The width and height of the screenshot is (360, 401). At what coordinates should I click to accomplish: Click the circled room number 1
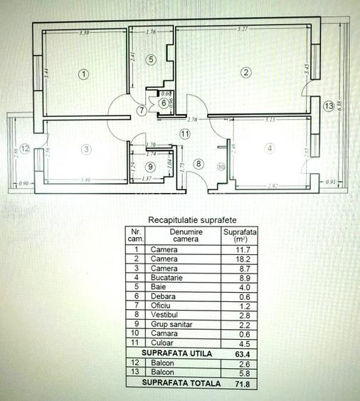point(83,73)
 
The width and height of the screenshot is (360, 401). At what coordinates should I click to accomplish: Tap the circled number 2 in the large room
point(245,72)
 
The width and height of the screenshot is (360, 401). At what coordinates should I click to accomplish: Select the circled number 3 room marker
point(85,150)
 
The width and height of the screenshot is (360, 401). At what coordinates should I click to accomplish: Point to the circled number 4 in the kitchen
point(269,148)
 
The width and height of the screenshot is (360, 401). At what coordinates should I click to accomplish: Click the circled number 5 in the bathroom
point(151,59)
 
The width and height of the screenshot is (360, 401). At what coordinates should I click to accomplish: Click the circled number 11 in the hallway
point(185,133)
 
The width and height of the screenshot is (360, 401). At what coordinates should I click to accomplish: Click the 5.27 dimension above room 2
point(244,30)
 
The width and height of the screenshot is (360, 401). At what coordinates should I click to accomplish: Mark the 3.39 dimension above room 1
point(84,33)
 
